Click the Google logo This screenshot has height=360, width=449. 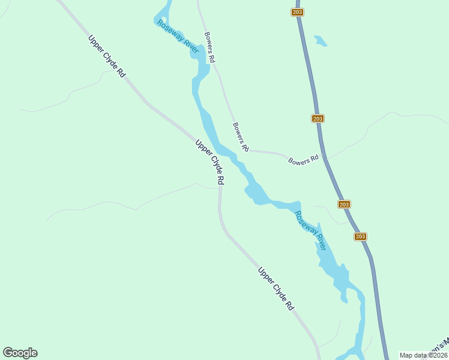[20, 353]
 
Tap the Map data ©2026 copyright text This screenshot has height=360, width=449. [423, 355]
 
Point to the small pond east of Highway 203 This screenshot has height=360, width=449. [321, 41]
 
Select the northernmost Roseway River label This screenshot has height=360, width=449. [178, 37]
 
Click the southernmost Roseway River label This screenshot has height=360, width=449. [310, 231]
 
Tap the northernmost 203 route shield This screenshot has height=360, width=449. [298, 12]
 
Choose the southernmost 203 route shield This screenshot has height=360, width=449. [360, 236]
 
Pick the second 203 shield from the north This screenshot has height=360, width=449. [318, 118]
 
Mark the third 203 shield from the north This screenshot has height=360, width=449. [344, 205]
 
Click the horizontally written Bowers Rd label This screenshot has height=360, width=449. [303, 161]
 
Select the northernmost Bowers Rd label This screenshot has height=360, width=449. [209, 47]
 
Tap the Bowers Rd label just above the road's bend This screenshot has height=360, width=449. [240, 137]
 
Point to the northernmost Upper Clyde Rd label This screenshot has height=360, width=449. [107, 56]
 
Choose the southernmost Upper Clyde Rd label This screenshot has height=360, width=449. [276, 289]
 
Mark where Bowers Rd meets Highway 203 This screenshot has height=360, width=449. [324, 157]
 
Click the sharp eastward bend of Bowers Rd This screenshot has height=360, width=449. [247, 150]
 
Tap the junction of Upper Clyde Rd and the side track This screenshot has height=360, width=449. [220, 188]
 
